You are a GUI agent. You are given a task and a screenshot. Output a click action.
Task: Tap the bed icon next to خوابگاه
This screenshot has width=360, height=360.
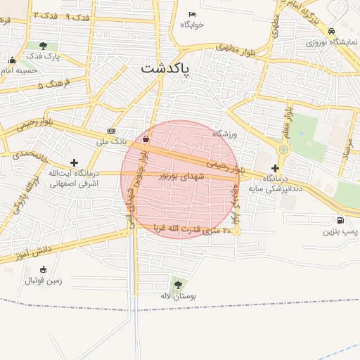[x=193, y=15]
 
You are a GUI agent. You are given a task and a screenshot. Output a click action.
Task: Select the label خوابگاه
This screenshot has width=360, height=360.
[x=192, y=25]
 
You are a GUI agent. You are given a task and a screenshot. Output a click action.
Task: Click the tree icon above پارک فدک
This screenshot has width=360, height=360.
[x=44, y=46]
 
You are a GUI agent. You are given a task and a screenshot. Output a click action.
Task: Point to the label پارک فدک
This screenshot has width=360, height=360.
[x=44, y=56]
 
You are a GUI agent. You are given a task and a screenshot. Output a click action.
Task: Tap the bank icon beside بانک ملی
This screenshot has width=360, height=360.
[x=112, y=131]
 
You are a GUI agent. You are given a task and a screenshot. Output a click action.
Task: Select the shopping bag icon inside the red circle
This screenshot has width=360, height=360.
[x=146, y=139]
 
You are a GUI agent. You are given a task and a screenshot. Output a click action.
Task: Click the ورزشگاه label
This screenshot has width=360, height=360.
[x=226, y=133]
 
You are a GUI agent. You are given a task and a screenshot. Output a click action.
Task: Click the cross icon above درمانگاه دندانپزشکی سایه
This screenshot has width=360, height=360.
[x=275, y=168]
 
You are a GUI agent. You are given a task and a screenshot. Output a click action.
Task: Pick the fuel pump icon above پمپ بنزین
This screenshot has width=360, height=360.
[x=341, y=220]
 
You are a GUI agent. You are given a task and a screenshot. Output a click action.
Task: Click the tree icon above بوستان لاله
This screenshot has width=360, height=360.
[x=177, y=285]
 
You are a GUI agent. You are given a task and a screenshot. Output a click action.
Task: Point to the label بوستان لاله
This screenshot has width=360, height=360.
[x=177, y=296]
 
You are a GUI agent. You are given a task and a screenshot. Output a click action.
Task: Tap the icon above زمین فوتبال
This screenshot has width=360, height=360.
[x=44, y=269]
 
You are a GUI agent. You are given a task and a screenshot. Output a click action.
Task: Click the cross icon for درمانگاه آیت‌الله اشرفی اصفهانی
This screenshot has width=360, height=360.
[x=74, y=162]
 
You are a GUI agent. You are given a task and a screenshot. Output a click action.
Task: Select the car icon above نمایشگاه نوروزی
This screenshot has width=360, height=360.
[x=331, y=31]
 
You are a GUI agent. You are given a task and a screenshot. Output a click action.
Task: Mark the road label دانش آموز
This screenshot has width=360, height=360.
[x=33, y=251]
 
